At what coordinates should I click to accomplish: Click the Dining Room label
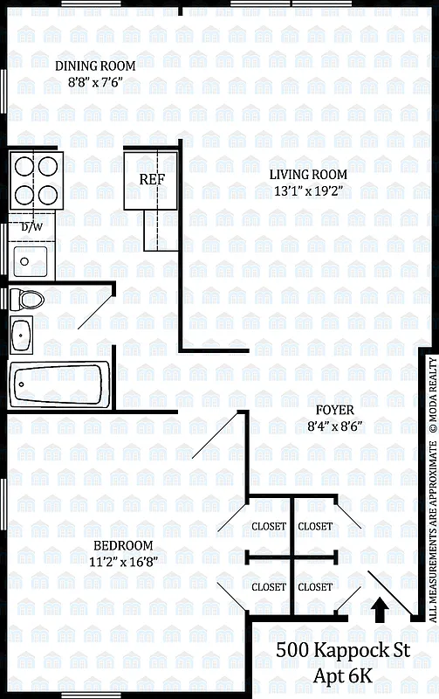point(95,66)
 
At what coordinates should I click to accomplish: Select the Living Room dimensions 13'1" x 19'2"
point(307,191)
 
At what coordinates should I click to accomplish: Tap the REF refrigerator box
point(152,179)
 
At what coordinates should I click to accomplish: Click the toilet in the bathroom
point(29,300)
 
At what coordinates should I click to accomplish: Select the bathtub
point(60,384)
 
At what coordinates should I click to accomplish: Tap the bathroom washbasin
point(22,333)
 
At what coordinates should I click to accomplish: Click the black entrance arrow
point(381,633)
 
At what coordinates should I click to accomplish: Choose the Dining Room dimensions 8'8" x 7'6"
point(95,82)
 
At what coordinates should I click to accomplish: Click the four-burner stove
point(35,180)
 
